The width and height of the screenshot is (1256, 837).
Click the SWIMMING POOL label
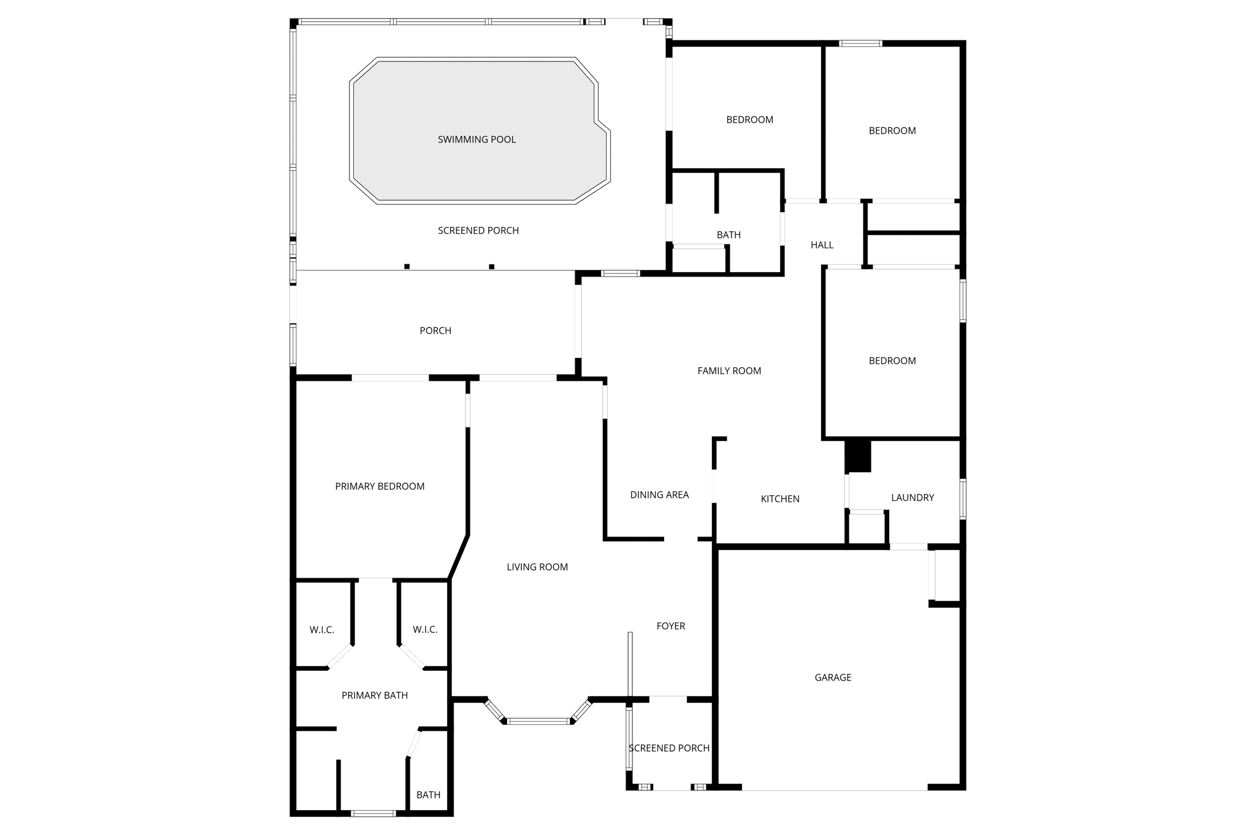(477, 140)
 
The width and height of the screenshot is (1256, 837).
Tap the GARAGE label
(833, 678)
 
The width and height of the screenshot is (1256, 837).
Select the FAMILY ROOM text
(729, 371)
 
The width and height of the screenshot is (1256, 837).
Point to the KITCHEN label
(780, 499)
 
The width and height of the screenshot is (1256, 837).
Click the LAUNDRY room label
(913, 498)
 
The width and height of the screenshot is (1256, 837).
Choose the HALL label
(822, 245)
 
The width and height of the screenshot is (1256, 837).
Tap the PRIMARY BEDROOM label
(380, 487)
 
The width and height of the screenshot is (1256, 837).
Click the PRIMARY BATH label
(375, 695)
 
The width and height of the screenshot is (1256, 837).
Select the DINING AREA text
(659, 495)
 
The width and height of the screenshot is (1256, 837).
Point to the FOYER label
(671, 626)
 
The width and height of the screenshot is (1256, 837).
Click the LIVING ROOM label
(537, 567)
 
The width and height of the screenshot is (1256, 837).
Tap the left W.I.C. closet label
(322, 630)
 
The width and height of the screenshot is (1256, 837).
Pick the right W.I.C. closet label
(425, 630)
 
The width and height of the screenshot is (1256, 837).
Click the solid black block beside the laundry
(858, 456)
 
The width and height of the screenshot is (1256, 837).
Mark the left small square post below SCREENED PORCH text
(407, 267)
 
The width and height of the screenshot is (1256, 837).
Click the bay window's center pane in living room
(538, 721)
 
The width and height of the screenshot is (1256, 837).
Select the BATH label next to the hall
(729, 235)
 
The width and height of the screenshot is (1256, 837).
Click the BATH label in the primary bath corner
(428, 795)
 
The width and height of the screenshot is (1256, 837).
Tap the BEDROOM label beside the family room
(892, 361)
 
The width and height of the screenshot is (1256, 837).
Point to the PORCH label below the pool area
(435, 331)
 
